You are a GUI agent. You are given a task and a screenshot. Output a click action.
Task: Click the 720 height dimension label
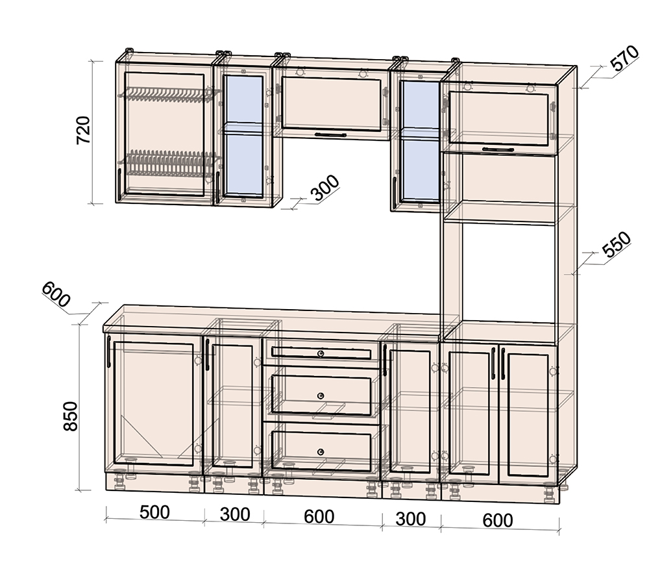pyautogui.click(x=84, y=130)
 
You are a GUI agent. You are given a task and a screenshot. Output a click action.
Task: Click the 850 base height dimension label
pyautogui.click(x=71, y=416)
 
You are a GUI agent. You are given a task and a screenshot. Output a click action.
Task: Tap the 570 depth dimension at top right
pyautogui.click(x=626, y=58)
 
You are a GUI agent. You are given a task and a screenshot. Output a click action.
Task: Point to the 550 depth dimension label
pyautogui.click(x=617, y=244)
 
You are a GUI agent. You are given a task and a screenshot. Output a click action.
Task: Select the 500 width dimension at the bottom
pyautogui.click(x=154, y=512)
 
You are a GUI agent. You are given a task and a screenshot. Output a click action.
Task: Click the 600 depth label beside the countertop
pyautogui.click(x=56, y=294)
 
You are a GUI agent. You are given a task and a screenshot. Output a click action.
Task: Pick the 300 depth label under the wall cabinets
pyautogui.click(x=325, y=188)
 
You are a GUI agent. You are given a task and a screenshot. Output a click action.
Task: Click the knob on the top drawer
pyautogui.click(x=321, y=353)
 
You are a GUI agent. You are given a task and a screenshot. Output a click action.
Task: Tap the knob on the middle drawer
pyautogui.click(x=321, y=396)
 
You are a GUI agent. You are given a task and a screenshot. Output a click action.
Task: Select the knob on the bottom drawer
pyautogui.click(x=321, y=451)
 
